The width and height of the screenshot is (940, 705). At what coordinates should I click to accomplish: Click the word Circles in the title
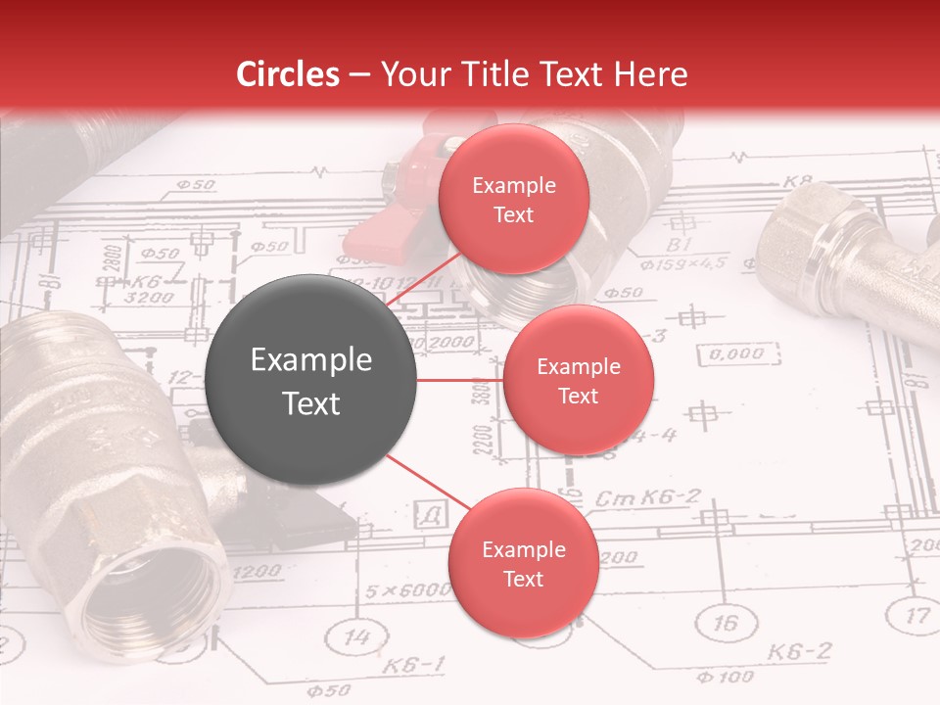pyautogui.click(x=288, y=74)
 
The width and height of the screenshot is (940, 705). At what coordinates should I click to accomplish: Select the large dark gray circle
pyautogui.click(x=311, y=380)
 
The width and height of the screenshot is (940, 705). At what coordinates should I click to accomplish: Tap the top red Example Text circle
pyautogui.click(x=513, y=199)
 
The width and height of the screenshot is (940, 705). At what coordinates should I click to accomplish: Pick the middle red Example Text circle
pyautogui.click(x=578, y=380)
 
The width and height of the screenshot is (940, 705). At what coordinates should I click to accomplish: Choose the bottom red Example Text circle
pyautogui.click(x=523, y=563)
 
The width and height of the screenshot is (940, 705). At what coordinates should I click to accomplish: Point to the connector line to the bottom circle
pyautogui.click(x=428, y=484)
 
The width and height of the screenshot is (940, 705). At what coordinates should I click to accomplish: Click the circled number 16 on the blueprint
pyautogui.click(x=726, y=624)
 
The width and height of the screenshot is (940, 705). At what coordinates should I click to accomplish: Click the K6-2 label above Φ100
pyautogui.click(x=798, y=651)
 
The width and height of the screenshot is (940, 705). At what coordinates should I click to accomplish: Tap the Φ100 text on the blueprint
pyautogui.click(x=726, y=676)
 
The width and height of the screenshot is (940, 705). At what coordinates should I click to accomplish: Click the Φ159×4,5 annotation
pyautogui.click(x=682, y=263)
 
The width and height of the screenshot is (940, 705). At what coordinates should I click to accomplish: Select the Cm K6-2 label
pyautogui.click(x=647, y=498)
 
